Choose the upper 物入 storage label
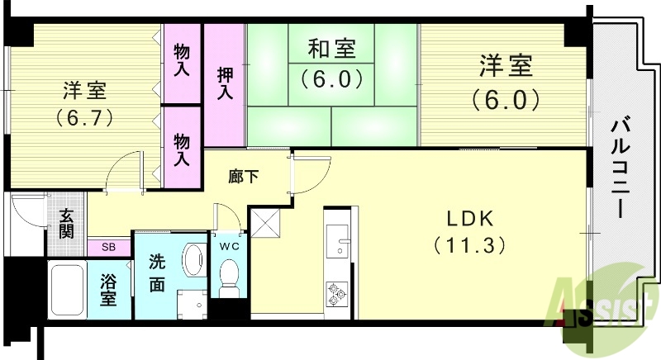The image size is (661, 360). tap(182, 61)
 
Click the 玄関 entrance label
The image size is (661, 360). tap(66, 221)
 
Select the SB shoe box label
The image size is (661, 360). tap(109, 246)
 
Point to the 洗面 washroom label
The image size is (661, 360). tap(157, 275)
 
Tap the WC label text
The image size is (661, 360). tap(229, 245)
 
